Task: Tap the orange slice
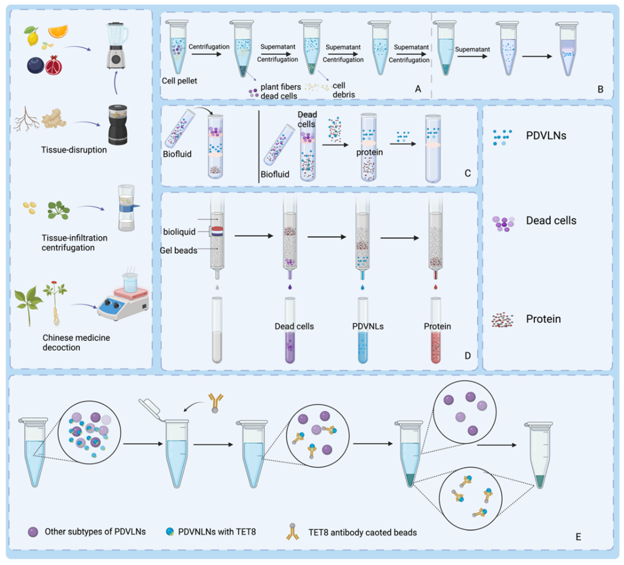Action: [x=58, y=31]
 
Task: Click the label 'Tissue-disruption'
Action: [x=74, y=150]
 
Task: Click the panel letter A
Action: [x=418, y=89]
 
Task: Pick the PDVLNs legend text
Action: [x=546, y=136]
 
